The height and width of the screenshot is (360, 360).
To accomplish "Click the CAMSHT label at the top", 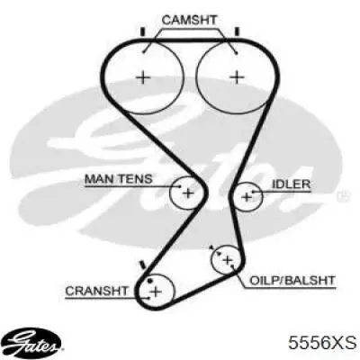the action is pyautogui.click(x=189, y=20).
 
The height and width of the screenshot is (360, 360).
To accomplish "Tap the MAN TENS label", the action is pyautogui.click(x=119, y=179).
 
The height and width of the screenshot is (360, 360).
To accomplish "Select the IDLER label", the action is pyautogui.click(x=291, y=184).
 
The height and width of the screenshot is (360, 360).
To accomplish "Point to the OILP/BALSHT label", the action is pyautogui.click(x=292, y=281).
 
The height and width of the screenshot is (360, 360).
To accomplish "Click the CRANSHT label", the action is pyautogui.click(x=97, y=291).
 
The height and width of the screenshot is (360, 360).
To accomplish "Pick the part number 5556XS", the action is pyautogui.click(x=322, y=343).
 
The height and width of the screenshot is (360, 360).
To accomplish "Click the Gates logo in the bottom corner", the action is pyautogui.click(x=33, y=343).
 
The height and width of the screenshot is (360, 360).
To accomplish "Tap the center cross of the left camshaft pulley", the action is pyautogui.click(x=143, y=78).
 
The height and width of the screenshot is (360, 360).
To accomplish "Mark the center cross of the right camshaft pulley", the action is pyautogui.click(x=237, y=77).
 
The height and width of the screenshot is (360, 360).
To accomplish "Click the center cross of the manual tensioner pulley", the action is pyautogui.click(x=188, y=193).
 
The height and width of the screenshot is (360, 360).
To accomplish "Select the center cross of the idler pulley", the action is pyautogui.click(x=247, y=197).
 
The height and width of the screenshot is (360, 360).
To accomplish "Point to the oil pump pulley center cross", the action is pyautogui.click(x=228, y=260).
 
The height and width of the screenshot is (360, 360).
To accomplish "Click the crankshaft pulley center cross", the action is pyautogui.click(x=156, y=292).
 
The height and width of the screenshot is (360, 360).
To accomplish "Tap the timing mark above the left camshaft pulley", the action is pyautogui.click(x=143, y=31).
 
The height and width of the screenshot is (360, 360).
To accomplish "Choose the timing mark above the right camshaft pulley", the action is pyautogui.click(x=237, y=31).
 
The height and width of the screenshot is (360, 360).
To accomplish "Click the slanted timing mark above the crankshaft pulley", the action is pyautogui.click(x=142, y=265).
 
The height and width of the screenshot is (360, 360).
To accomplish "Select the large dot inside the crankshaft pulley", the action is pyautogui.click(x=150, y=281).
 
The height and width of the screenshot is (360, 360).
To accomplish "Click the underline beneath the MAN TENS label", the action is pyautogui.click(x=132, y=186).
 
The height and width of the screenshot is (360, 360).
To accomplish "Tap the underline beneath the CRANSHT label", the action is pyautogui.click(x=107, y=299).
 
